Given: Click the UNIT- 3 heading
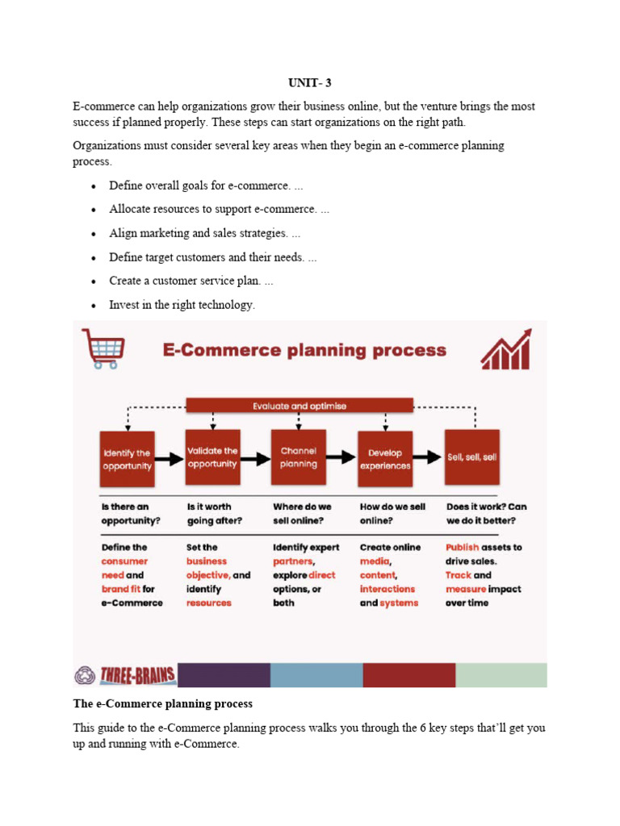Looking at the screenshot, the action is tap(310, 82).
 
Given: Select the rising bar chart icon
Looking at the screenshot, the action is tap(506, 348).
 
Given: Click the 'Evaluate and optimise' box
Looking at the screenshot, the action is tap(300, 406).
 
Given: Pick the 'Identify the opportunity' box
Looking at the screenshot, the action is tap(127, 457).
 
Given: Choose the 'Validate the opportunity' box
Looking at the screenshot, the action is tap(212, 457).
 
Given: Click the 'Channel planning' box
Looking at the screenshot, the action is tap(299, 457).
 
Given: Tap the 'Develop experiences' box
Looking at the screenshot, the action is tap(385, 457).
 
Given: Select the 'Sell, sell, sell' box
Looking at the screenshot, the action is tap(472, 457).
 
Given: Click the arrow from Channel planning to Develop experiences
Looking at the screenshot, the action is tap(342, 458).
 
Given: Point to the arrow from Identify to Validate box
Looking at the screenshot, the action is tap(169, 459).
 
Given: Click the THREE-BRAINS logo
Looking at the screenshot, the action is tap(125, 674).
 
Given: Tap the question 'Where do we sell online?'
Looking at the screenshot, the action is tap(302, 513).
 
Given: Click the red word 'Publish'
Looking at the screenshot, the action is tap(462, 547).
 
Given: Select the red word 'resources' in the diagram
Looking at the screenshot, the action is tap(208, 603).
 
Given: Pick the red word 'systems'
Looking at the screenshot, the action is tap(399, 603).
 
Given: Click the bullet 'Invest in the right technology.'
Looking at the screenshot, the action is tap(182, 305).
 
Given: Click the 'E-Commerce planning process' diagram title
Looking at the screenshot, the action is tap(304, 350).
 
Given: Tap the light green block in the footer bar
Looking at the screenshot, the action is tap(501, 674).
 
